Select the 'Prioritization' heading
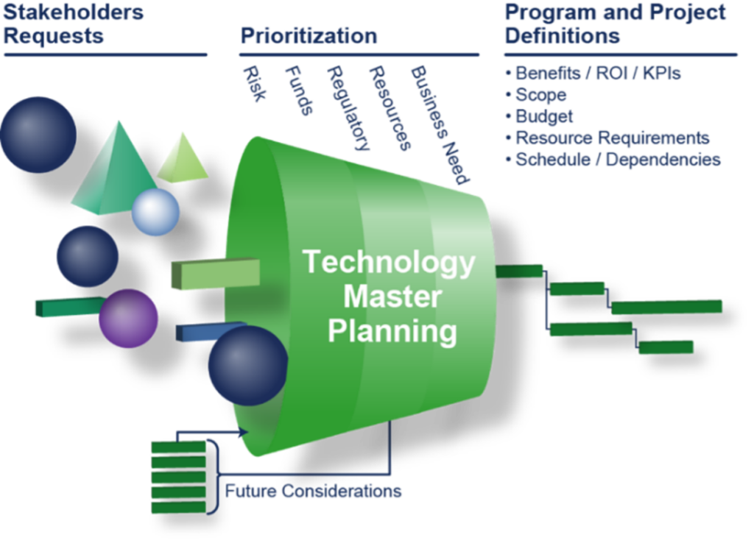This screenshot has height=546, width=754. (309, 36)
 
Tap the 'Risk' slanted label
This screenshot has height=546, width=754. (254, 83)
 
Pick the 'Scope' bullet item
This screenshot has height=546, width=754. (540, 95)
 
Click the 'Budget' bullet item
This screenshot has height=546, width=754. (544, 116)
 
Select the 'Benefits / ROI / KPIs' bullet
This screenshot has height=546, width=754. (597, 74)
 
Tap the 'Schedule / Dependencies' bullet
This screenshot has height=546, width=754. (617, 160)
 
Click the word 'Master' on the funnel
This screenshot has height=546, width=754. (392, 297)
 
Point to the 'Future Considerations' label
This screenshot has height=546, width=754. (313, 491)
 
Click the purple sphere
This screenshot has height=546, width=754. (129, 318)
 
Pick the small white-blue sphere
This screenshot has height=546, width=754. (155, 212)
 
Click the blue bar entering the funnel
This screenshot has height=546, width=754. (206, 331)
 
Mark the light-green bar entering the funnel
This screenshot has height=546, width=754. (214, 273)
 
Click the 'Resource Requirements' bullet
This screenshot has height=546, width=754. (612, 138)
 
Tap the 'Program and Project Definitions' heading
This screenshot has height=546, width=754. (615, 24)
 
